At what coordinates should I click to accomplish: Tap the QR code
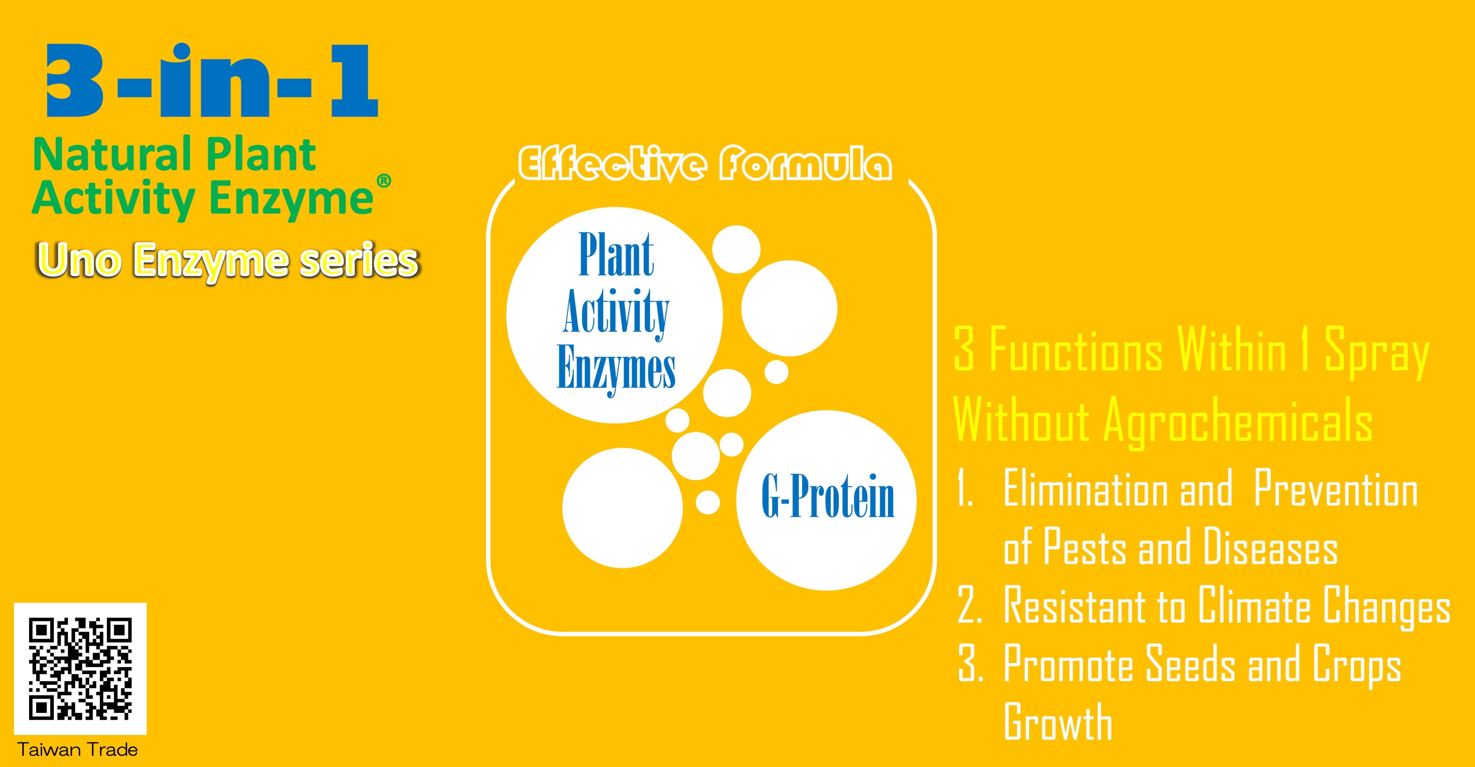80,669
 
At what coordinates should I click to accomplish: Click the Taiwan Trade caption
78,750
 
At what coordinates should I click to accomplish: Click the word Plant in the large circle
616,255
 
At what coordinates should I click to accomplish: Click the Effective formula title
705,165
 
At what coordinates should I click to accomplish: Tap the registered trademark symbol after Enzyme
383,181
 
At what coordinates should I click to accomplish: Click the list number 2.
969,607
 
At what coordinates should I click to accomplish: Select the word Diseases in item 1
1271,547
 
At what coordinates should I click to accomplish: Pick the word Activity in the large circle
616,312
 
